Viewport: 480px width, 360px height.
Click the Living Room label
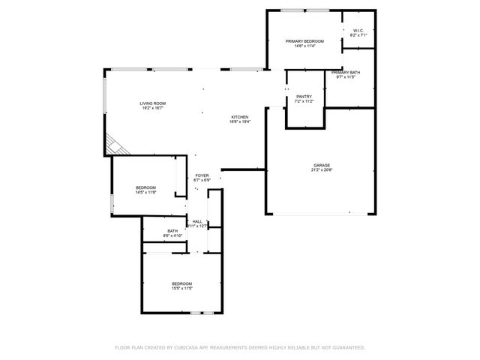152,103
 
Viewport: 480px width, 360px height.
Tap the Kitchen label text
239,117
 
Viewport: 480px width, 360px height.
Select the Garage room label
322,165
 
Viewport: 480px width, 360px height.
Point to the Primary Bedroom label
304,41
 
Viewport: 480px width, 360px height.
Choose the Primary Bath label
346,73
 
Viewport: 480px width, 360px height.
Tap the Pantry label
304,97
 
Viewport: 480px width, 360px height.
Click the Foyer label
202,175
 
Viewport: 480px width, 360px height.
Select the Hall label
197,221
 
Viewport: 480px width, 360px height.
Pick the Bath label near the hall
172,231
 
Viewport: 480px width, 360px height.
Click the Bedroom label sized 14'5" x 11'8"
145,187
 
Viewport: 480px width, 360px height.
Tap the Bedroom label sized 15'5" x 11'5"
182,283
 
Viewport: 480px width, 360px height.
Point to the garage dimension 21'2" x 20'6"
322,170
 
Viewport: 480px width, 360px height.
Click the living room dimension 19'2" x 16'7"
152,109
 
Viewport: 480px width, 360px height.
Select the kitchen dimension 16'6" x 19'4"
239,122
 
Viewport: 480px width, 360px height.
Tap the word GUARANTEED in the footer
347,348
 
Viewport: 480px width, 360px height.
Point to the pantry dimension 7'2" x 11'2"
304,102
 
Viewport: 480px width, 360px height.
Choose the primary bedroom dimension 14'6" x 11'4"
304,46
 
